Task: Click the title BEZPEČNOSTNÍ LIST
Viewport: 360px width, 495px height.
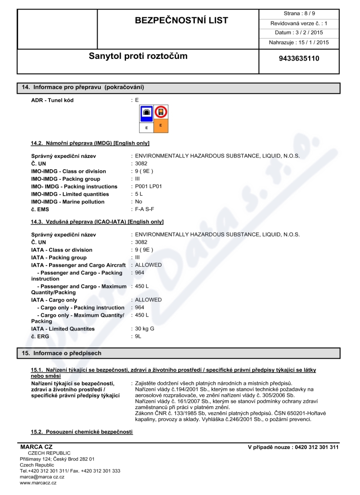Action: coord(182,21)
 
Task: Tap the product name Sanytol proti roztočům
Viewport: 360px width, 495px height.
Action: coord(138,56)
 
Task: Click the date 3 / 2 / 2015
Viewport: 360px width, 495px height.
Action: coord(307,32)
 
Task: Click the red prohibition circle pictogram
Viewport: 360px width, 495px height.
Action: coord(161,112)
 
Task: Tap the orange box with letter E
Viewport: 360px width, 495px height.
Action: coord(161,126)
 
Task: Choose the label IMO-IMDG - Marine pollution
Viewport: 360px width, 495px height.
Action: coord(67,202)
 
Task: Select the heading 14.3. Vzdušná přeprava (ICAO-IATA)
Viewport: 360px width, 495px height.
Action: coord(97,222)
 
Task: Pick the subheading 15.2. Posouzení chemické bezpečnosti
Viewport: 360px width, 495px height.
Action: coord(81,432)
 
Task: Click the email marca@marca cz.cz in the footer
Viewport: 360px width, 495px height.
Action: coord(42,477)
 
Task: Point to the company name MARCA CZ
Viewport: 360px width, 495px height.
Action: coord(36,447)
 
